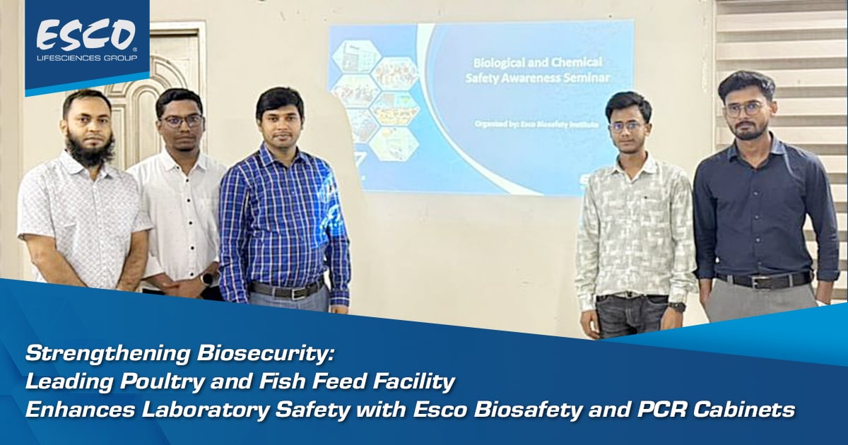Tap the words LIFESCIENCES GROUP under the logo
(86, 57)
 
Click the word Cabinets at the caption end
(757, 409)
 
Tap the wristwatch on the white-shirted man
(207, 278)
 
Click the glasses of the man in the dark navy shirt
(744, 109)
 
